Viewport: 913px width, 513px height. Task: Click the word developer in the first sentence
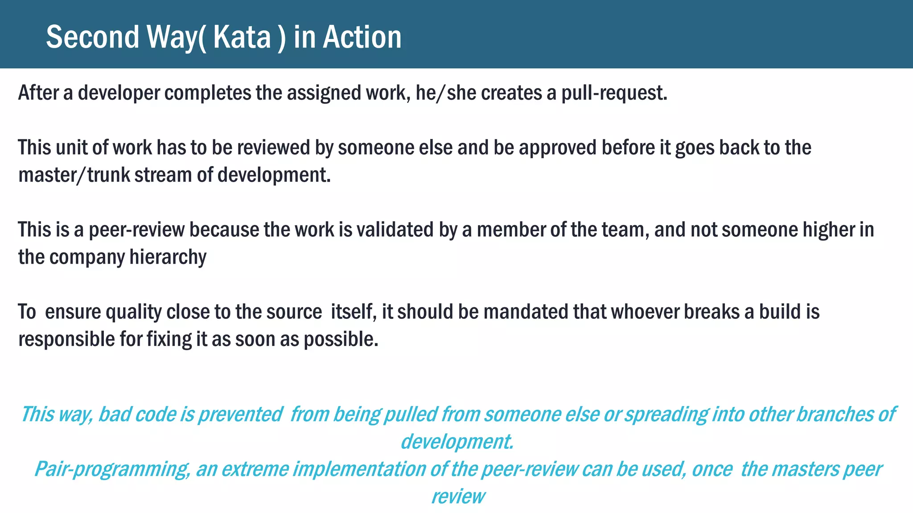(x=119, y=93)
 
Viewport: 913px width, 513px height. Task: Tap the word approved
(x=558, y=148)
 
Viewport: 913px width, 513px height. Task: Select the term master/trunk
(x=74, y=175)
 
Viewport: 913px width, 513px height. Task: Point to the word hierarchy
(x=168, y=257)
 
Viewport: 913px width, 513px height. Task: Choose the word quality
(x=133, y=312)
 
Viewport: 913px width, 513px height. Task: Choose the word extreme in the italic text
(x=255, y=469)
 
